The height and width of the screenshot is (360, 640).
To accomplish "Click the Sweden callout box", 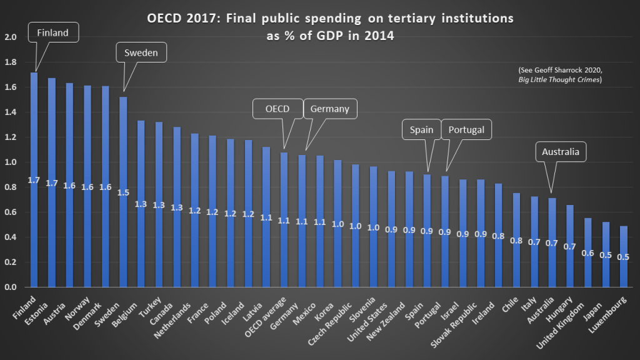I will pos(142,53).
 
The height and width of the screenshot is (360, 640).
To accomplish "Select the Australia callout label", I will pos(561,151).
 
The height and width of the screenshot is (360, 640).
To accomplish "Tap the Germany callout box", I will pos(330,109).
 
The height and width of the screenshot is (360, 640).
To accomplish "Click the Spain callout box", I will pos(421,129).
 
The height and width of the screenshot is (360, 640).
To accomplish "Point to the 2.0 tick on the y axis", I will pos(11,37).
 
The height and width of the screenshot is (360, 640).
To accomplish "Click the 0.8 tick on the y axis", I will pos(11,187).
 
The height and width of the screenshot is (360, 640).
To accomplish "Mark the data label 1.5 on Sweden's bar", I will pos(123,192).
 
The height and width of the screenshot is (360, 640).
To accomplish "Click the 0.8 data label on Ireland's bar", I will pos(498,237).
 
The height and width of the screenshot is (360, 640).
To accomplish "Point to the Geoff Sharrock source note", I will pos(560,74).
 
